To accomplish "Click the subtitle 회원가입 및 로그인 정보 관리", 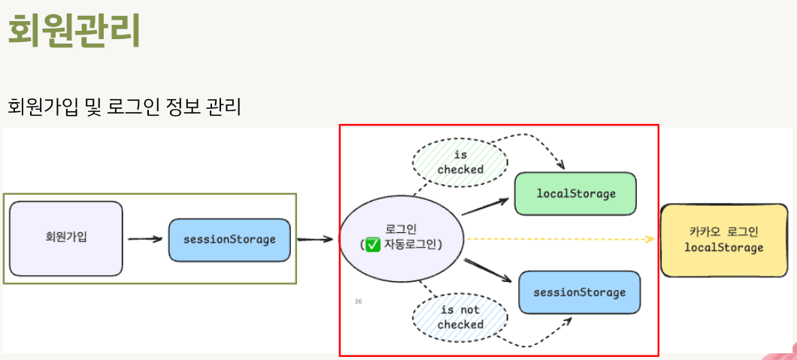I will tap(124, 107).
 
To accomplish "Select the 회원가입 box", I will tap(66, 237).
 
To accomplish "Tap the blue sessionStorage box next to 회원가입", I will tap(229, 240).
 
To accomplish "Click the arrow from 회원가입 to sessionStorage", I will tap(145, 240).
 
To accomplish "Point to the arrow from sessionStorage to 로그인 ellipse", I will tap(315, 240).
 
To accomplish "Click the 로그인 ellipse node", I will tap(402, 237).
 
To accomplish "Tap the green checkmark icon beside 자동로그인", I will tap(372, 245).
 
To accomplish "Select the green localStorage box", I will tap(575, 194).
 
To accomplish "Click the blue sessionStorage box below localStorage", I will tap(579, 292).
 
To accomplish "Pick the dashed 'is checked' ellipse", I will tap(459, 162).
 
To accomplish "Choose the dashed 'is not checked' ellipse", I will tap(459, 317).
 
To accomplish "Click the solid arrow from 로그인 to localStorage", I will tap(485, 207).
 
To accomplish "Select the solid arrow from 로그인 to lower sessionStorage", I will tap(489, 271).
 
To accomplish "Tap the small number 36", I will tap(358, 301).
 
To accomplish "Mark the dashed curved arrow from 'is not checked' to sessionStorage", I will tap(538, 338).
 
